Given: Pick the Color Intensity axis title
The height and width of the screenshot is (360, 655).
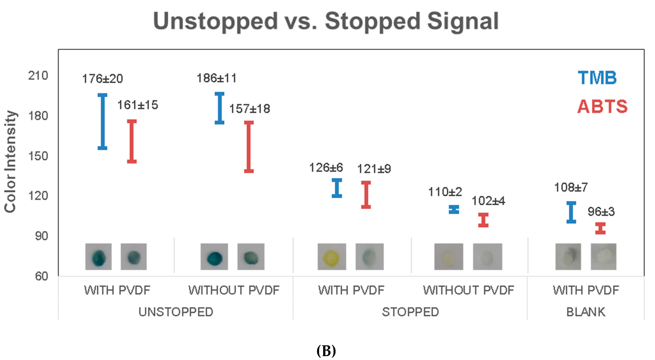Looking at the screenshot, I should (x=10, y=162).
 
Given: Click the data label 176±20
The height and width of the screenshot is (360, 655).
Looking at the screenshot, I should (x=103, y=79).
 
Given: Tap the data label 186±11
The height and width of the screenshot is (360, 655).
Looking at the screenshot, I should (x=217, y=78).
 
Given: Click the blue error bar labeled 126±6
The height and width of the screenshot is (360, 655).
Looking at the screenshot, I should (x=337, y=188).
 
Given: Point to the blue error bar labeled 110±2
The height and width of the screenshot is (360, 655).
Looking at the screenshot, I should (x=454, y=209).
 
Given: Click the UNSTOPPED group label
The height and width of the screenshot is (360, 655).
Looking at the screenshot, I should (x=176, y=312).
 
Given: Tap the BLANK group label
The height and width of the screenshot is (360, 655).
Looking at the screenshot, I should (x=586, y=312).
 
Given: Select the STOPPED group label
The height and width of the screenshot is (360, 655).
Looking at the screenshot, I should (x=410, y=312).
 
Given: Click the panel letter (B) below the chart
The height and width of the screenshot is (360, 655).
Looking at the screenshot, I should (x=326, y=351).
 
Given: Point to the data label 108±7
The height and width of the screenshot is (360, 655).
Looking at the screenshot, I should (x=571, y=188).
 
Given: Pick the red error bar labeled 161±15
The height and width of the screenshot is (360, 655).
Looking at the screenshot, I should (x=132, y=141).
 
